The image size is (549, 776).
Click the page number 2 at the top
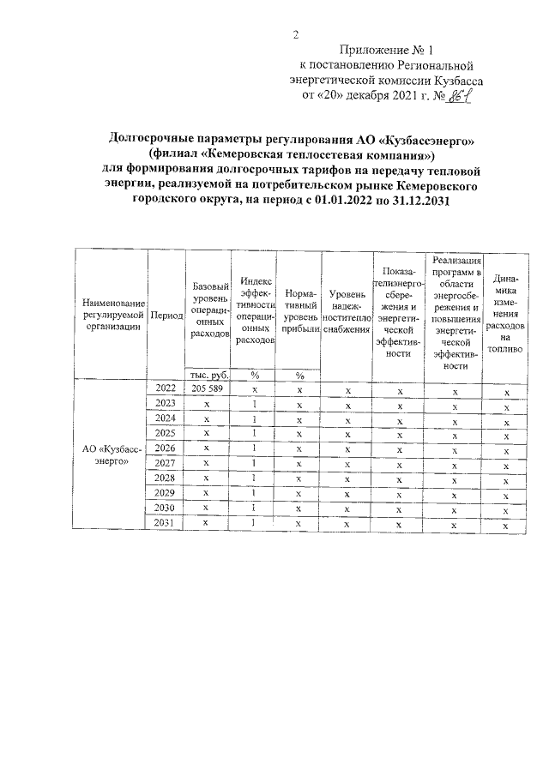296,35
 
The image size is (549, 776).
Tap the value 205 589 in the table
207,388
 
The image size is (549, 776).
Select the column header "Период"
166,316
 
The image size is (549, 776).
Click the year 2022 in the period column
166,388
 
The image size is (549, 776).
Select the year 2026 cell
166,448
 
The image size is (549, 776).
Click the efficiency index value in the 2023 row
255,404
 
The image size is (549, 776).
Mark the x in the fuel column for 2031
507,525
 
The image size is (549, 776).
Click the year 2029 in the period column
166,493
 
